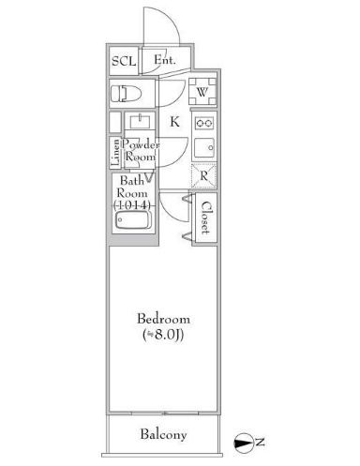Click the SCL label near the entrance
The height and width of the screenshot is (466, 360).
[x=123, y=62]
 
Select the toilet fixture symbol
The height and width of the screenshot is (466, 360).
[x=125, y=92]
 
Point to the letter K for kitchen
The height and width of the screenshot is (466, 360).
[x=174, y=120]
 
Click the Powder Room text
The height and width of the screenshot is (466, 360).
[x=142, y=152]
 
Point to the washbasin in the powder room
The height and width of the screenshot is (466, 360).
[x=142, y=124]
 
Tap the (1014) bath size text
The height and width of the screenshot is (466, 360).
[x=130, y=205]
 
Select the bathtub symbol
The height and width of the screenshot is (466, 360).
[x=131, y=221]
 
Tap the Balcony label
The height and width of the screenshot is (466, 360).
[x=164, y=434]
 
